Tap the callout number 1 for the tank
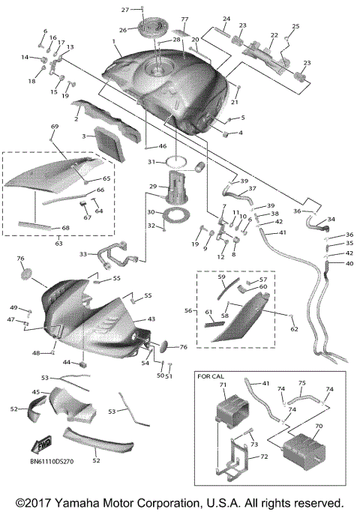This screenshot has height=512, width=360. pos(113,41)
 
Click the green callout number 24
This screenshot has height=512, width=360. pos(226,18)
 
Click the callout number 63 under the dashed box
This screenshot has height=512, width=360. pos(58,243)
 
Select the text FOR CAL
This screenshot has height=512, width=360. pos(211,376)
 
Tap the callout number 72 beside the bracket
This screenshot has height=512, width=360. pos(263,456)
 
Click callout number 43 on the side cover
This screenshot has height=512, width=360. pos(151,319)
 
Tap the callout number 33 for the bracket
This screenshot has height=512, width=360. pos(83,254)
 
